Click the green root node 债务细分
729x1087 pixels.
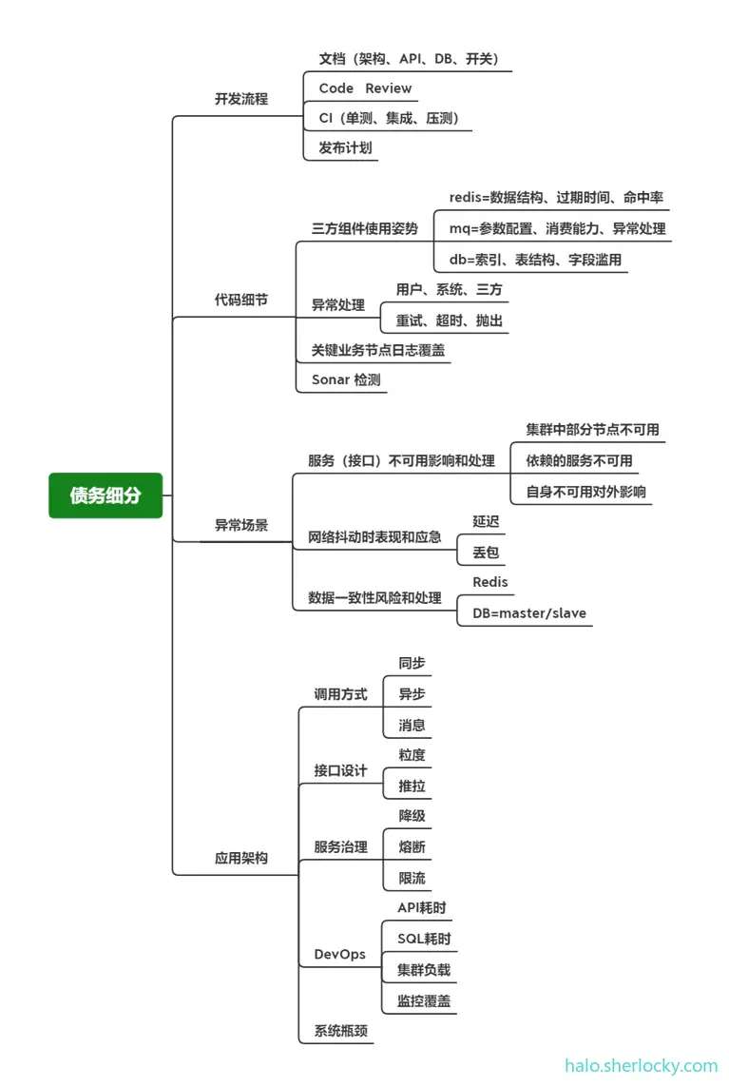tap(106, 495)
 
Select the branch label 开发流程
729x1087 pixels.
tap(240, 99)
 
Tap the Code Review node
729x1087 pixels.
tap(365, 88)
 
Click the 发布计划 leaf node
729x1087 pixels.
tap(345, 148)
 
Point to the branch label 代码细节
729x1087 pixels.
tap(240, 300)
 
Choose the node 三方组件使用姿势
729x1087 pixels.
tap(364, 229)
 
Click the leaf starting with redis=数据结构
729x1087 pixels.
tap(556, 198)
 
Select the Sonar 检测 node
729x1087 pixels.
tap(347, 379)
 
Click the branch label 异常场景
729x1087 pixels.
tap(240, 525)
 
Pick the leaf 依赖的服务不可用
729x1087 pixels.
tap(579, 461)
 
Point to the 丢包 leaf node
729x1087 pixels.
tap(486, 553)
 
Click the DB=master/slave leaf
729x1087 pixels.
tap(529, 613)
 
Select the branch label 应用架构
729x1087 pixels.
tap(240, 858)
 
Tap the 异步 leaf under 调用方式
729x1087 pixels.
tap(412, 694)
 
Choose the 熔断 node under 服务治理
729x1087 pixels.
tap(412, 846)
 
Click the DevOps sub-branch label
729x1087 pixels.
tap(339, 954)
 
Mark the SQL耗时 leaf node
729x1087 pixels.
tap(424, 940)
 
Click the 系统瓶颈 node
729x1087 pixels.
tap(340, 1031)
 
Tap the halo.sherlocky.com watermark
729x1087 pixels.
tap(642, 1066)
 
